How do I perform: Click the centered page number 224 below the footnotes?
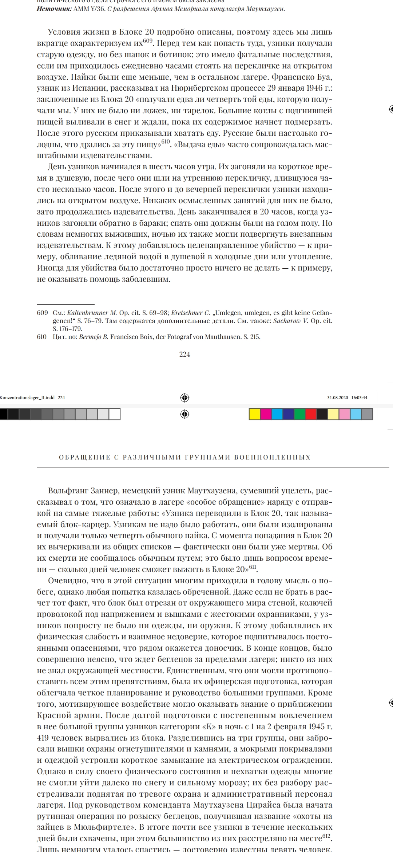184,354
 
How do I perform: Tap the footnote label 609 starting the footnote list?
42,313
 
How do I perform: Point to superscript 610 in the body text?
166,142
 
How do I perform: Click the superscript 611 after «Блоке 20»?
253,567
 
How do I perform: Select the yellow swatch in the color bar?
255,414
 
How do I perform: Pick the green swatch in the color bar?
299,414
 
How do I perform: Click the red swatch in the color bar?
311,414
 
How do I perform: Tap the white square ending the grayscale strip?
115,414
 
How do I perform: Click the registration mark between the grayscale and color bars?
184,414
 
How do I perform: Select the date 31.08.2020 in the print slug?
338,398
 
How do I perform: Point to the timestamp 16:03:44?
359,398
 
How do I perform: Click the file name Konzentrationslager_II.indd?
27,398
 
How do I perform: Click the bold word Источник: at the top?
54,9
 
